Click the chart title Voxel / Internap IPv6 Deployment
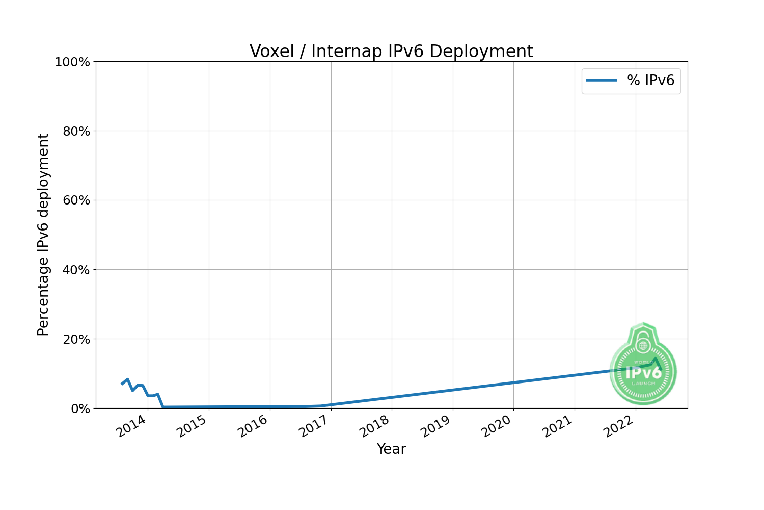391,52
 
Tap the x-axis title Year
391,449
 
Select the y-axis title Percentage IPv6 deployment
44,235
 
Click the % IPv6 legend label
650,80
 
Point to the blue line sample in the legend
602,80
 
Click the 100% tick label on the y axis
72,62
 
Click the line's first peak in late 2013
127,379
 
